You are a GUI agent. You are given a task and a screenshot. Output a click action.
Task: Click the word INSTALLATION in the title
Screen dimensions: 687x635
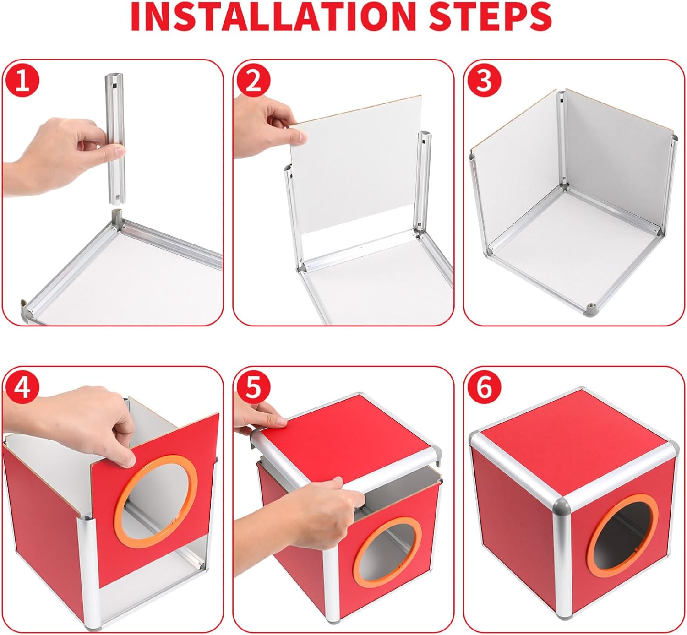[273, 16]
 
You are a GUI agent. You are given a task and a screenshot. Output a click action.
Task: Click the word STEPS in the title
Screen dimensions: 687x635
[490, 16]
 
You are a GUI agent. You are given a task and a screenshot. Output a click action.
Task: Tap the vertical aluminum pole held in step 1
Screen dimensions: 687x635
[115, 138]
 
